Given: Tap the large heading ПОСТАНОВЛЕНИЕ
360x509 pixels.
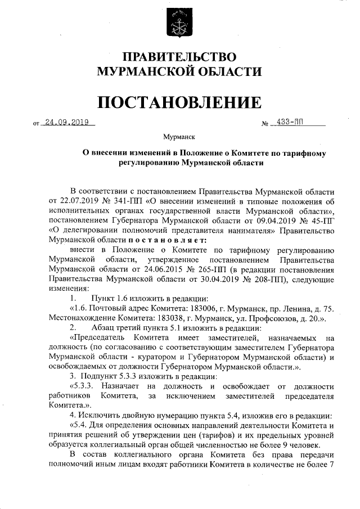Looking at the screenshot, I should click(180, 102).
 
